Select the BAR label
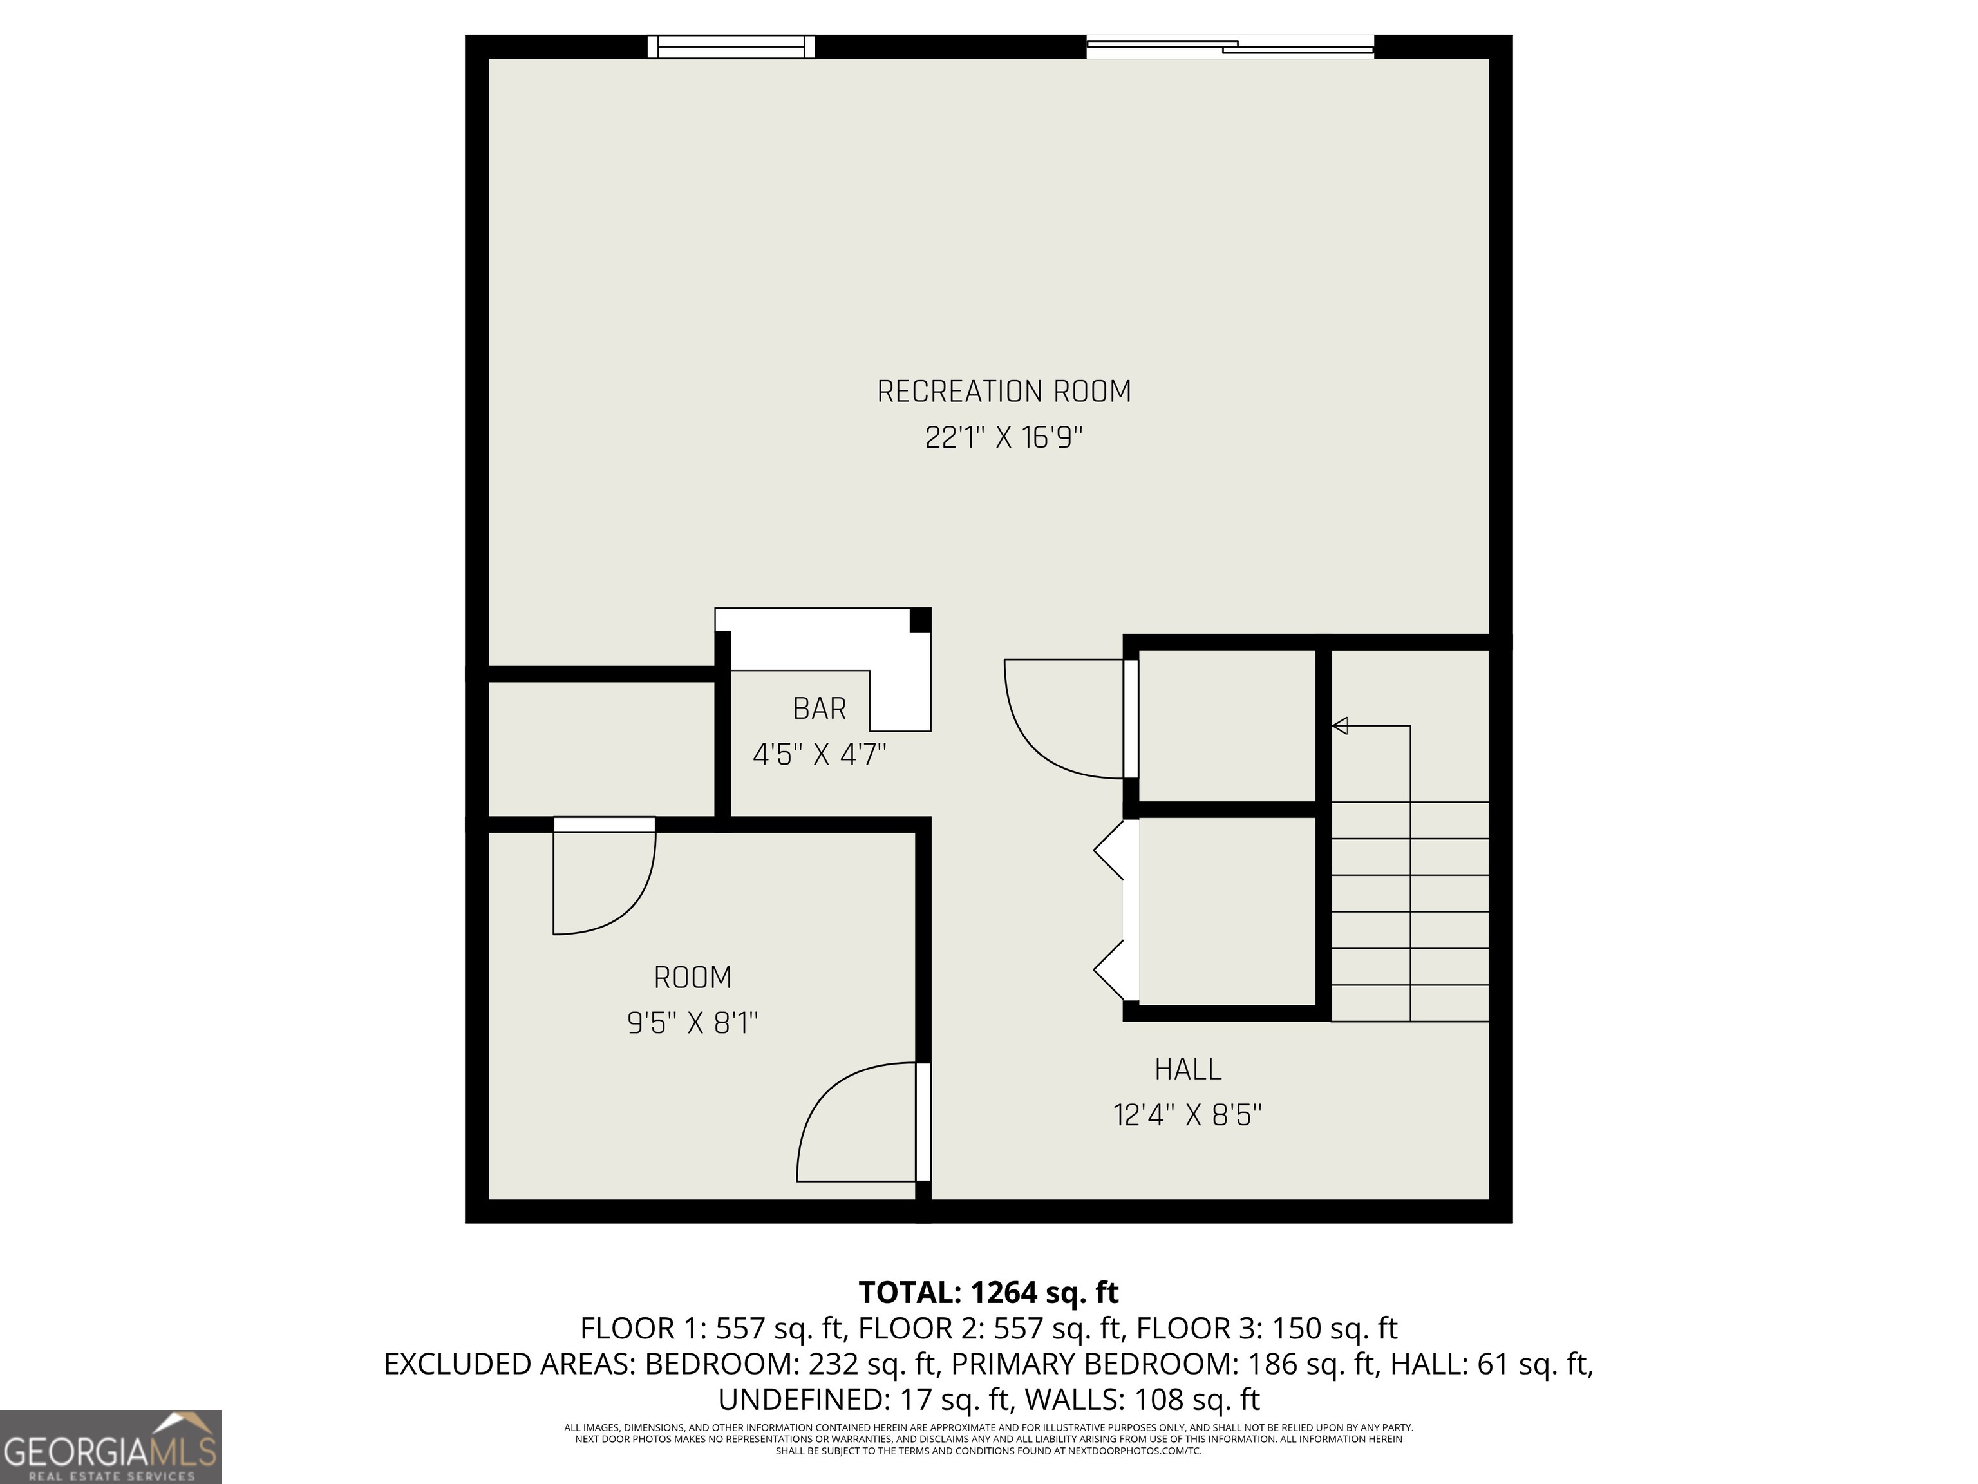point(819,709)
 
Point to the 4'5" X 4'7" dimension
point(819,755)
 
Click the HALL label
point(1187,1069)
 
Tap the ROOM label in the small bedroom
point(693,978)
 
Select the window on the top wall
point(731,46)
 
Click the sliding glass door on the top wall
point(1230,46)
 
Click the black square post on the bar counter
point(920,620)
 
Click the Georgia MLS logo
point(110,1447)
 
